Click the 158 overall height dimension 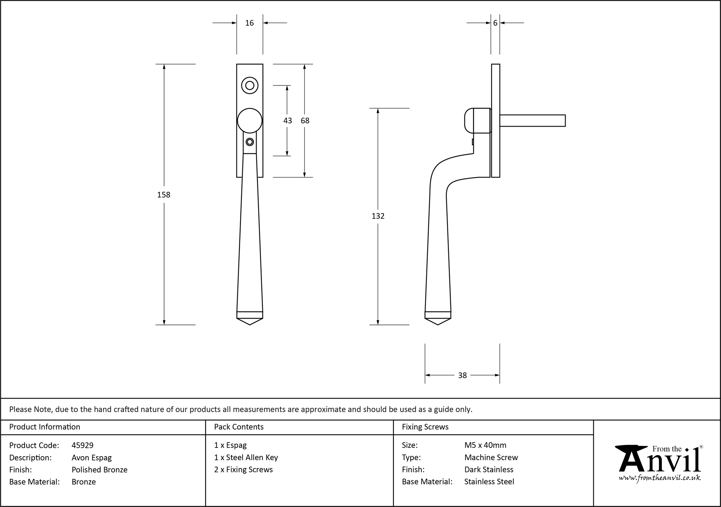[x=164, y=195]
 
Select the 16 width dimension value [x=249, y=23]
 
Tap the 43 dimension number [x=287, y=121]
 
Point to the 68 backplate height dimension [x=305, y=121]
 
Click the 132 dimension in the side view [x=378, y=216]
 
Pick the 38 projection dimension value [x=462, y=375]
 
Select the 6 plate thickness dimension [x=495, y=23]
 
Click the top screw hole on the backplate [x=249, y=85]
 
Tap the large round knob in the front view [x=249, y=121]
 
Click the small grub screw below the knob [x=249, y=142]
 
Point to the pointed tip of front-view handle [x=249, y=323]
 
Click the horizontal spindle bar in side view [x=532, y=120]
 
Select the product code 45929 [x=83, y=445]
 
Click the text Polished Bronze [x=99, y=469]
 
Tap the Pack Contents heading [x=239, y=427]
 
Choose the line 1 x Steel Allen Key [x=246, y=458]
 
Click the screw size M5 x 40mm [x=485, y=445]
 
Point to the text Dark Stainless [x=488, y=469]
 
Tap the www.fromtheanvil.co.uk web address [x=660, y=478]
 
